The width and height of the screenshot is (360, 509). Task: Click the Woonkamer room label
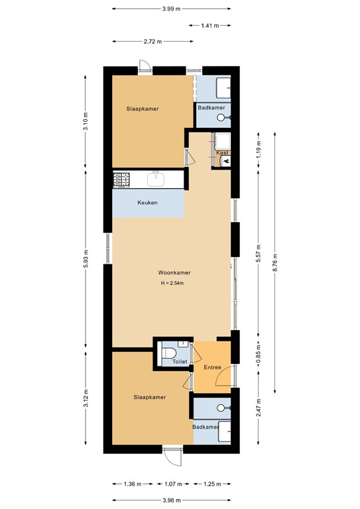pos(174,272)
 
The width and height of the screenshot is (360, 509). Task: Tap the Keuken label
pos(147,203)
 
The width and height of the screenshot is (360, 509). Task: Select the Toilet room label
pos(180,362)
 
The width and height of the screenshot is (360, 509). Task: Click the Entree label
pos(212,367)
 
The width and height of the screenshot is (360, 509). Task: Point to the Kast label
pos(222,153)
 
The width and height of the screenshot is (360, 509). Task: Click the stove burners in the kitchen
pos(121,179)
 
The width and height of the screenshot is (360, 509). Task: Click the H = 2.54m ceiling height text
pos(172,284)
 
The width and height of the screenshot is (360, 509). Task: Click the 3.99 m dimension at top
pos(171,9)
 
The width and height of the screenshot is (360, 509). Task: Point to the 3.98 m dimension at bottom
pos(170,500)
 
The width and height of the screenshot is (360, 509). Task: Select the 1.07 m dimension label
pos(172,484)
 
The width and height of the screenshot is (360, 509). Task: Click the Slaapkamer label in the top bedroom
pos(143,109)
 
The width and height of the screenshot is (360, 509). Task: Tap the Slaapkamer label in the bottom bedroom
pos(149,397)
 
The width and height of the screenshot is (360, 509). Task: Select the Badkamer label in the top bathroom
pos(211,107)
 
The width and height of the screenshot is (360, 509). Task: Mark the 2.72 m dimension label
pos(152,41)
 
